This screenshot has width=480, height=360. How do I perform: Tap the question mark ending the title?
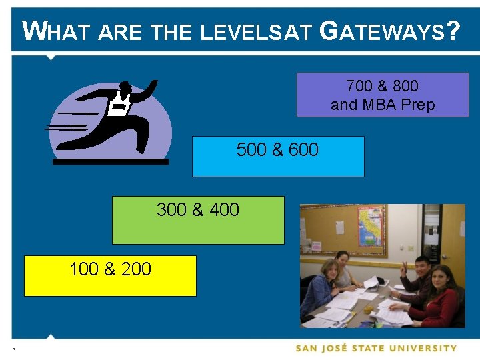(453, 31)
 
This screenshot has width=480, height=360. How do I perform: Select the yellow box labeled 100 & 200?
(110, 276)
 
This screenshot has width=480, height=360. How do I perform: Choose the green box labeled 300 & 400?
(198, 220)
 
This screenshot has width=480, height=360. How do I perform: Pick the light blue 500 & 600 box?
(278, 157)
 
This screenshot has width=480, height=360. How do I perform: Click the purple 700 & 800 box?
(383, 95)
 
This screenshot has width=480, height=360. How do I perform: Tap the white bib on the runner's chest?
(119, 105)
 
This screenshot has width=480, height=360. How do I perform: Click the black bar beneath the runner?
(110, 161)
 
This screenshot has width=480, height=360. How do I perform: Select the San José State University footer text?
(376, 348)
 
